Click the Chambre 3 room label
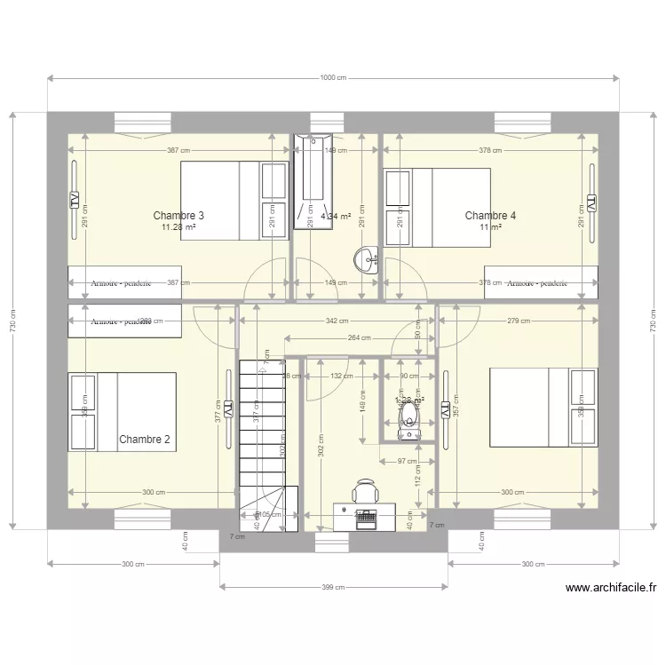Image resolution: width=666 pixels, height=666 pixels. coord(178,216)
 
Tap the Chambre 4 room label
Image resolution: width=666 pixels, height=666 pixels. coord(490,216)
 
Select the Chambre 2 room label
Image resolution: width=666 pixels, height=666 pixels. coord(144,439)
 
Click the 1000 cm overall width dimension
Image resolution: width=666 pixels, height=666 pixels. coord(333,79)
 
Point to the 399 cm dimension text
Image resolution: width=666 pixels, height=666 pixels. coord(333,587)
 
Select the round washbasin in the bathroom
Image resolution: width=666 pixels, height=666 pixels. coord(364,259)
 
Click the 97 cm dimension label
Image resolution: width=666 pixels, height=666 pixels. coord(407,461)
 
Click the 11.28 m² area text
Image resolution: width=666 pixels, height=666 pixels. coord(178,227)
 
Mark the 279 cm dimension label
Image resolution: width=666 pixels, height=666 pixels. coord(519,321)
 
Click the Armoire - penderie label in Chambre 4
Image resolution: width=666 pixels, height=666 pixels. coord(536,283)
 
